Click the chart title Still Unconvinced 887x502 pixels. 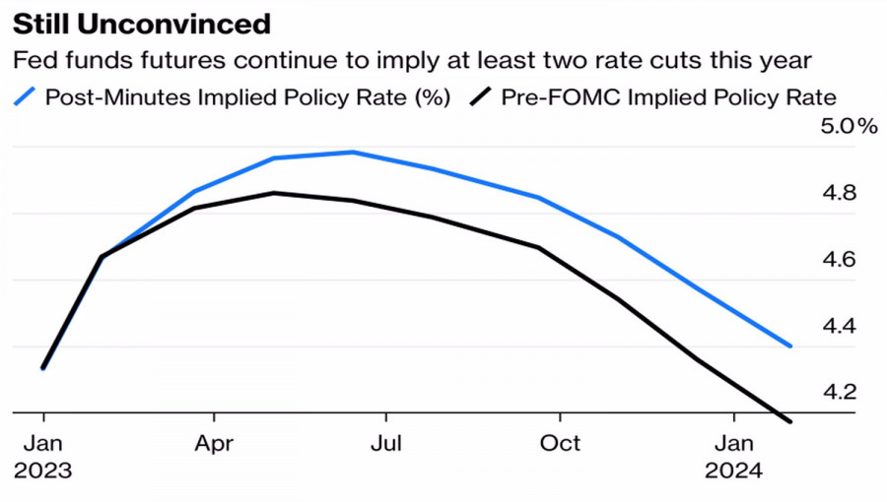[142, 23]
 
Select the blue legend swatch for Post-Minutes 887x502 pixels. [26, 96]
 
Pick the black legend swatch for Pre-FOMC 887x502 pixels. [482, 96]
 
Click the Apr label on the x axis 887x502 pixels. [214, 444]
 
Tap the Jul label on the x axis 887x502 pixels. [386, 444]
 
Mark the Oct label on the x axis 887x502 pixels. [560, 444]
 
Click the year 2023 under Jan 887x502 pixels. [43, 471]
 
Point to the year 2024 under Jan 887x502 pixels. [733, 471]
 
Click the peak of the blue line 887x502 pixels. [353, 152]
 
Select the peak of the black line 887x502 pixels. [275, 193]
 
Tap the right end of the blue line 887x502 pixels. [789, 345]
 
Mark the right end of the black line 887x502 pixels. [789, 421]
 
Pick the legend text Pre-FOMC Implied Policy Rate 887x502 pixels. [668, 96]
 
